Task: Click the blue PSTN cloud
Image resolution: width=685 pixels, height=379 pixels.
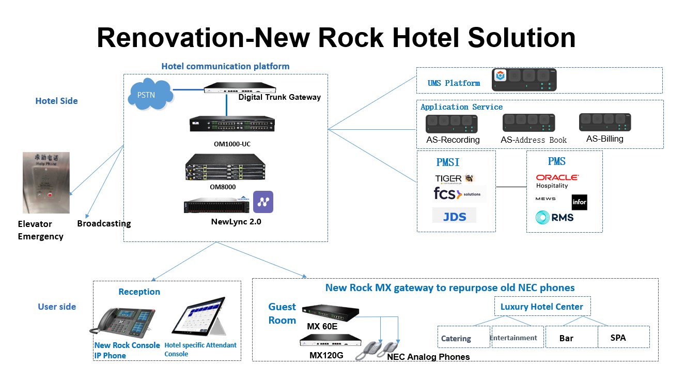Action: coord(150,95)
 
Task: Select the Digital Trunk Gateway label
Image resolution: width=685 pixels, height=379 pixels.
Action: coord(279,97)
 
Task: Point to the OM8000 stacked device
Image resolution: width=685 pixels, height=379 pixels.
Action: coord(226,166)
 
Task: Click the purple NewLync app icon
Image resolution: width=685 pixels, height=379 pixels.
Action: coord(263,202)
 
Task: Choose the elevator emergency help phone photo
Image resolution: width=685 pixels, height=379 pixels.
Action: coord(46,183)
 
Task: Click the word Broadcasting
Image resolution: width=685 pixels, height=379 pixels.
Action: coord(104,223)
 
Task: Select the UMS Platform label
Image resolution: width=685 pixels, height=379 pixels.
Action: coord(454,83)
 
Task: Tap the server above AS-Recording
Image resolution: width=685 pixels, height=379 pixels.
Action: coord(451,124)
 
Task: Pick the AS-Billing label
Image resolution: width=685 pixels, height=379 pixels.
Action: coord(604,139)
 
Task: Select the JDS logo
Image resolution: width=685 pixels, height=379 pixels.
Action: coord(454,216)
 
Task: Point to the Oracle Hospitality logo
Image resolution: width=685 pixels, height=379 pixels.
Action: coord(557,181)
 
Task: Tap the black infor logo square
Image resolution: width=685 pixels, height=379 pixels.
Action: coord(579,202)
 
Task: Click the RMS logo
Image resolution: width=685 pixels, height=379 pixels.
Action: coord(554,217)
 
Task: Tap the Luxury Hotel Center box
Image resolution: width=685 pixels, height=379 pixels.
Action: coord(542,307)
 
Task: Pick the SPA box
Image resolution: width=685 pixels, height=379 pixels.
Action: coord(623,337)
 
